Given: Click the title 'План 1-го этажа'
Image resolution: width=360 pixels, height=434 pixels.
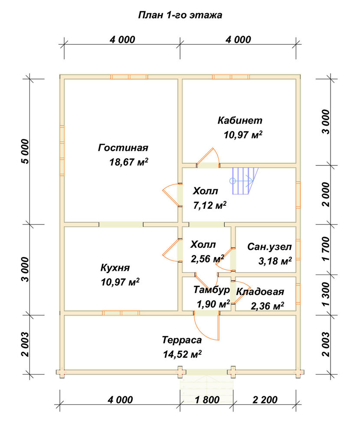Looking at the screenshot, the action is pos(180,15).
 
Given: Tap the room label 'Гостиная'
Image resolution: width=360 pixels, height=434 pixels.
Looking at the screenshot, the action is pos(123,148).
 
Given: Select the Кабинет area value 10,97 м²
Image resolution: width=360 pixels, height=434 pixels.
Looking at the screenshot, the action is pos(243,135).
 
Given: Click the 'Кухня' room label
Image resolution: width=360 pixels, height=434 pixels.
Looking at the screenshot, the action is pos(115,268).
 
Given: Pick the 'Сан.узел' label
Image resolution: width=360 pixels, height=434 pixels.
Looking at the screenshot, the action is pos(269,247).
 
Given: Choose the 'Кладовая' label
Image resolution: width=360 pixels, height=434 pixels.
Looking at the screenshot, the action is pos(260,292).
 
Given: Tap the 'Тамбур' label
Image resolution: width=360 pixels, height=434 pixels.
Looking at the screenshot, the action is pos(211,289).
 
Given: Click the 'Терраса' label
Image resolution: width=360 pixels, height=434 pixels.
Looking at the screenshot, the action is pos(182,340).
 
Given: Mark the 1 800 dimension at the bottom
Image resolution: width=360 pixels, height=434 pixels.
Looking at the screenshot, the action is pos(207,400).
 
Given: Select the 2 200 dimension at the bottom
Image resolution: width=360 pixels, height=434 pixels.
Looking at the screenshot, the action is pos(265,400).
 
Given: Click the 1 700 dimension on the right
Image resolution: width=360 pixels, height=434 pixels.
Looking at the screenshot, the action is pos(326,249).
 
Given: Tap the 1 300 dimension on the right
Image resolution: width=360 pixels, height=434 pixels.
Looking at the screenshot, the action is pos(326,294).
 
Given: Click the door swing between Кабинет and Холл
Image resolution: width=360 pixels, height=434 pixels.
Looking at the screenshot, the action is pos(208,157).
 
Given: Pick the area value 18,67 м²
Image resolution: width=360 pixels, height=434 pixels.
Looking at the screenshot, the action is pos(129,162).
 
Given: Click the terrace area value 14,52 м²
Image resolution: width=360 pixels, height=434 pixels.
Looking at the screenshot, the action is pos(182,354).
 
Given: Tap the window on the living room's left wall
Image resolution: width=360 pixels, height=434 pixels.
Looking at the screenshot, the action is pos(62,151).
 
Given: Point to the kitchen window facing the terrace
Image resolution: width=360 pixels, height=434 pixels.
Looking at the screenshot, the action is pos(121,313).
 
